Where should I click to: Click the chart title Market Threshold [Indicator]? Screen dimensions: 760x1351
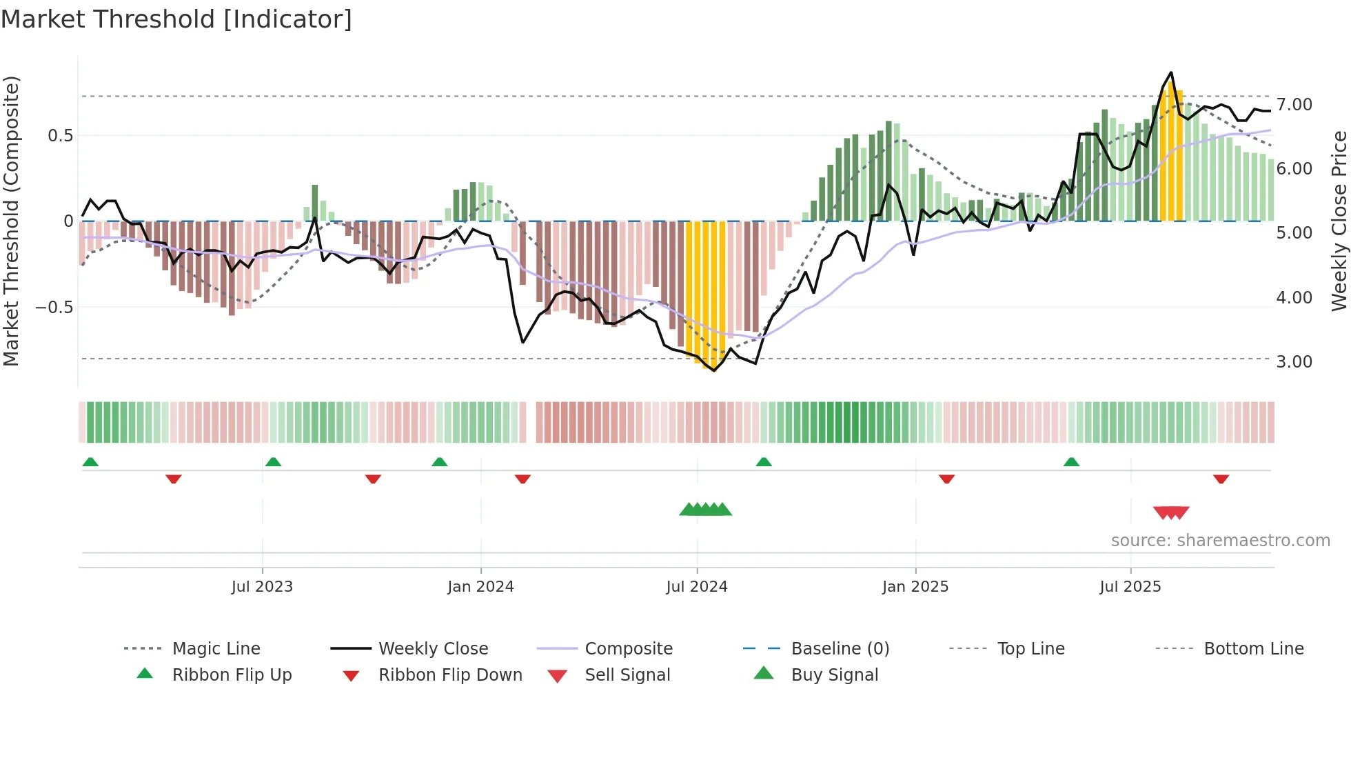tap(176, 19)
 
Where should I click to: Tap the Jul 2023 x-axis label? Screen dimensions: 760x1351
tap(262, 587)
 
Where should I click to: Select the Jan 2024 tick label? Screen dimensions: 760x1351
tap(480, 587)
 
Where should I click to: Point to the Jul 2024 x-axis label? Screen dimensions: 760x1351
tap(697, 587)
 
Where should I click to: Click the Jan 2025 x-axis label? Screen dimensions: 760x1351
tap(915, 587)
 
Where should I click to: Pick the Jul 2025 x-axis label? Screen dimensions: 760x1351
tap(1130, 587)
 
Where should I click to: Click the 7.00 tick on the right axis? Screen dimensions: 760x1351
tap(1294, 105)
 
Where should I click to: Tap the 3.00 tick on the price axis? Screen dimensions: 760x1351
tap(1294, 362)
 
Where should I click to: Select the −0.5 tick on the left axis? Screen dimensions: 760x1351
tap(54, 307)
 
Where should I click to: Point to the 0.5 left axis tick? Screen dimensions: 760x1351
tap(60, 136)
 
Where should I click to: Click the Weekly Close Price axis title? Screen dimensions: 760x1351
tap(1339, 221)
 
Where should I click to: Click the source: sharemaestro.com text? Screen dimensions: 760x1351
tap(1220, 541)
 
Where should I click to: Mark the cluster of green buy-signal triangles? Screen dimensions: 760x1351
tap(705, 510)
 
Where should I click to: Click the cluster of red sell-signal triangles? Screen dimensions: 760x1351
tap(1171, 512)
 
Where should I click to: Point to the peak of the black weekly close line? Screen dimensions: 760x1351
tap(1170, 72)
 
